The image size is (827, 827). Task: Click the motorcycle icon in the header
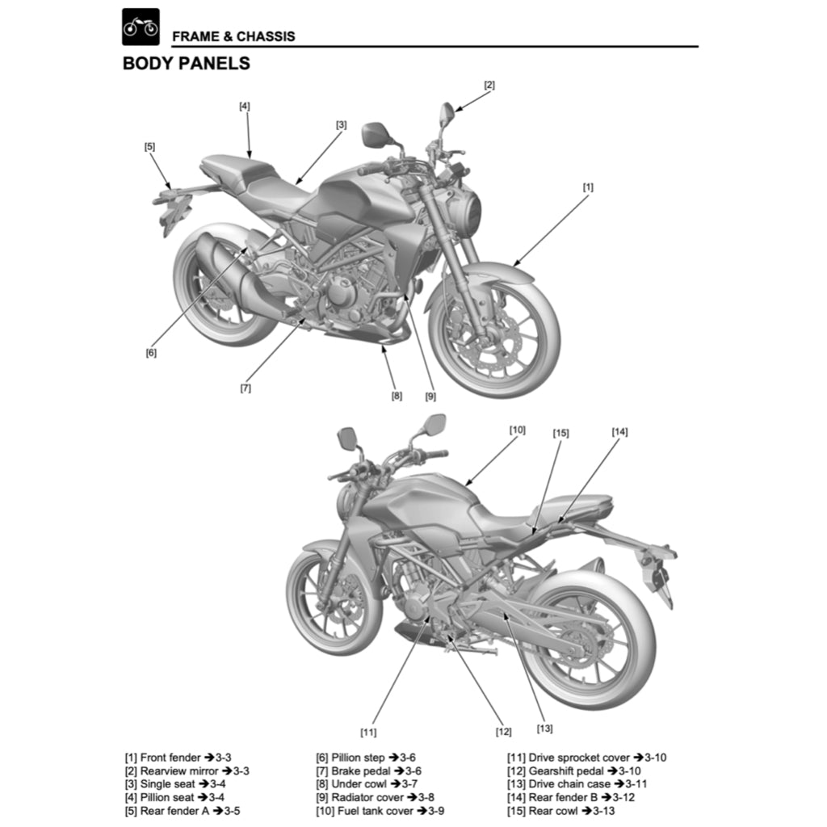pyautogui.click(x=141, y=27)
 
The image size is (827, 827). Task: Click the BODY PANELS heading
pyautogui.click(x=186, y=64)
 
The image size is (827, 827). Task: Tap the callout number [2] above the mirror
pyautogui.click(x=489, y=85)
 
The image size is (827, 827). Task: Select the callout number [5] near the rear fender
pyautogui.click(x=150, y=147)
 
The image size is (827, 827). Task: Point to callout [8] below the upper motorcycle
pyautogui.click(x=397, y=396)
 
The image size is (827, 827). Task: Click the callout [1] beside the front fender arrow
pyautogui.click(x=588, y=187)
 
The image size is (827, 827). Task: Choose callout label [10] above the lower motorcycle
pyautogui.click(x=517, y=430)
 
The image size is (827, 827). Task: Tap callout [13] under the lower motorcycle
pyautogui.click(x=544, y=728)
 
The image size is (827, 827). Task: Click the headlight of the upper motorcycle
pyautogui.click(x=466, y=212)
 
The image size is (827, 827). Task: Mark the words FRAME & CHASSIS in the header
pyautogui.click(x=233, y=36)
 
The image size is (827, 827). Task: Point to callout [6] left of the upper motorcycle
pyautogui.click(x=151, y=353)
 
